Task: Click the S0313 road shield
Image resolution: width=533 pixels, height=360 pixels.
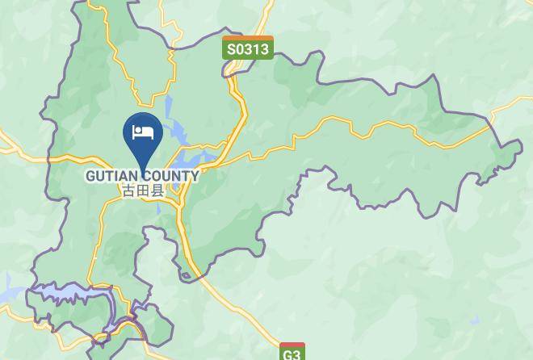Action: point(248,48)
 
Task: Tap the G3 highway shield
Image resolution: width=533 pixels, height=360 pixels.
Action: point(292,354)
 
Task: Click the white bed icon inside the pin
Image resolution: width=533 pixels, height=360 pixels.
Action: point(143,132)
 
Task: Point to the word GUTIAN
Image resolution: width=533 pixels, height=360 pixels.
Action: point(114,176)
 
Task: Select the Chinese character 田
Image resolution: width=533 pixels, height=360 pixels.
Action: point(142,191)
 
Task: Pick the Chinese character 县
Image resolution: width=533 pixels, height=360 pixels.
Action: point(157,191)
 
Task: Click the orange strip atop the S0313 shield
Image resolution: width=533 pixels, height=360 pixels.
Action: point(248,38)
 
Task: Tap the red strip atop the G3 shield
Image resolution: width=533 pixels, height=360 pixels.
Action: point(292,345)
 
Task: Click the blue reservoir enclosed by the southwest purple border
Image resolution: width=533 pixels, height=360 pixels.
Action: point(69,290)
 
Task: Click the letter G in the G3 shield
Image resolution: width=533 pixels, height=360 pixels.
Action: point(288,354)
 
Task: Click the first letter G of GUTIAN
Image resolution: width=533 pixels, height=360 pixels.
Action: point(91,176)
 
